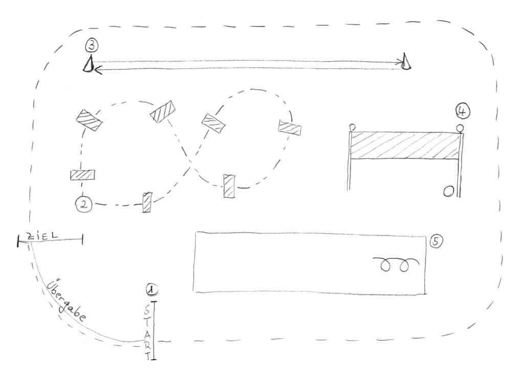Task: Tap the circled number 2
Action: pyautogui.click(x=84, y=204)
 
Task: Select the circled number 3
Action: pyautogui.click(x=92, y=45)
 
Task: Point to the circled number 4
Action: pyautogui.click(x=463, y=111)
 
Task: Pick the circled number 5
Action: pyautogui.click(x=436, y=241)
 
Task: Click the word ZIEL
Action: pyautogui.click(x=42, y=236)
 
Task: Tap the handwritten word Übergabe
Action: pyautogui.click(x=67, y=300)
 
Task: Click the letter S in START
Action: pyautogui.click(x=147, y=310)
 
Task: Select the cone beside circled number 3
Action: pyautogui.click(x=88, y=64)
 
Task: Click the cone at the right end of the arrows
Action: pyautogui.click(x=406, y=61)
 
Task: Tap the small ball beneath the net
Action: pyautogui.click(x=448, y=192)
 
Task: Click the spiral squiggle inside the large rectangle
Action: pyautogui.click(x=396, y=264)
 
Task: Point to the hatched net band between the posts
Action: pyautogui.click(x=404, y=145)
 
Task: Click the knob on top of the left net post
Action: pyautogui.click(x=352, y=128)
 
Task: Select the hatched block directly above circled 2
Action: pyautogui.click(x=82, y=175)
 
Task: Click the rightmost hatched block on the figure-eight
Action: pyautogui.click(x=290, y=128)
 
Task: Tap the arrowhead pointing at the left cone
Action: pyautogui.click(x=98, y=70)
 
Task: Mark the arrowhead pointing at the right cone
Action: pyautogui.click(x=400, y=62)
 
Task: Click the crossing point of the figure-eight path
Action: pyautogui.click(x=190, y=162)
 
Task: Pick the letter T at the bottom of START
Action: pyautogui.click(x=148, y=356)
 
